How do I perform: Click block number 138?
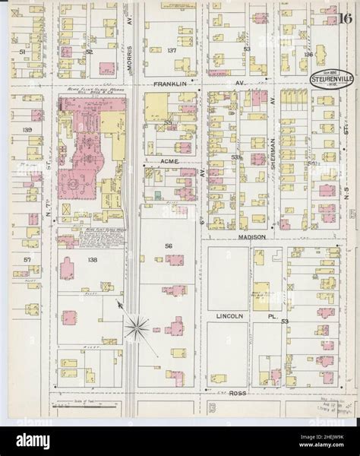(x=93, y=260)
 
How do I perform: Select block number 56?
(x=169, y=245)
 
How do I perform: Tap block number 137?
(x=172, y=51)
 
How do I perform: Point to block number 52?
(x=89, y=52)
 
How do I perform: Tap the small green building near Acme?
(x=157, y=196)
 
